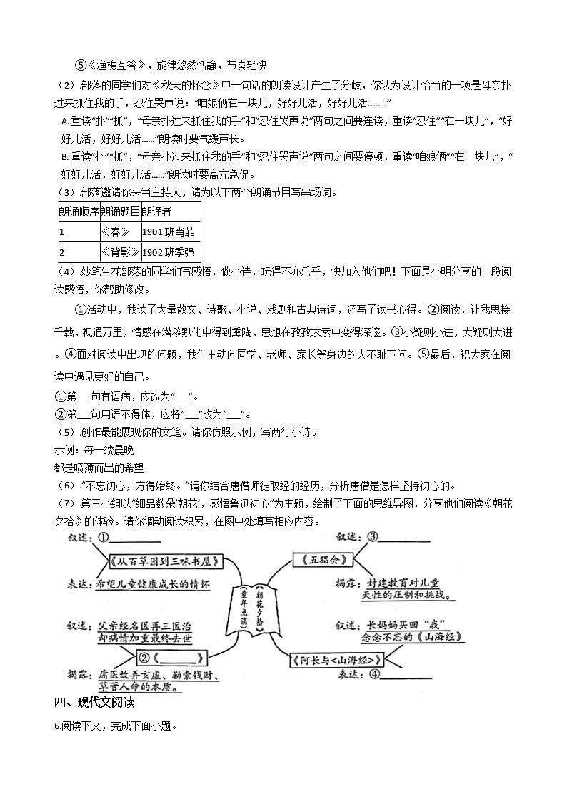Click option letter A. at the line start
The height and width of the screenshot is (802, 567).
pyautogui.click(x=64, y=121)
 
